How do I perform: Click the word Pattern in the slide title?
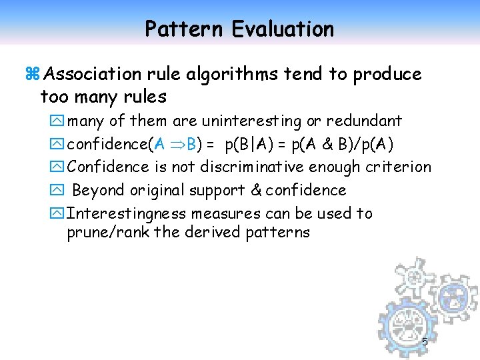pyautogui.click(x=184, y=29)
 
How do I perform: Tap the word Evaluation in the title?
pyautogui.click(x=283, y=29)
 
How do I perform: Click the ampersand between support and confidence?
pyautogui.click(x=257, y=191)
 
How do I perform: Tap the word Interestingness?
pyautogui.click(x=127, y=214)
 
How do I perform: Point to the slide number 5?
pyautogui.click(x=425, y=342)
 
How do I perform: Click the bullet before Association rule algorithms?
pyautogui.click(x=29, y=74)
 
